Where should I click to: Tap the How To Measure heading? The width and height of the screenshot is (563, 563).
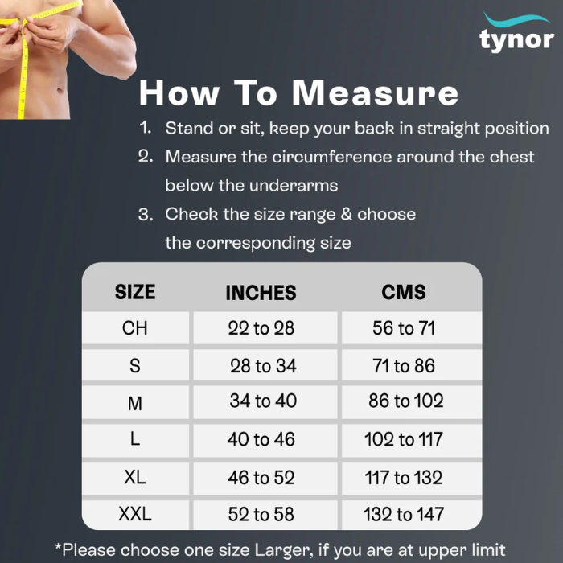tap(298, 92)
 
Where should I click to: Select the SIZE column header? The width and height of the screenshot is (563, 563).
tap(135, 291)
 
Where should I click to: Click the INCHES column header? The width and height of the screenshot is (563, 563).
tap(261, 292)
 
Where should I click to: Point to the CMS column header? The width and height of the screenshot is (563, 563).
tap(404, 291)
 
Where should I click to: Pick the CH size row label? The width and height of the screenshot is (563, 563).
tap(135, 328)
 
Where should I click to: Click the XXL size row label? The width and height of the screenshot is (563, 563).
tap(135, 513)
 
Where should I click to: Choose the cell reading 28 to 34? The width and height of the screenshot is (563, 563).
tap(263, 365)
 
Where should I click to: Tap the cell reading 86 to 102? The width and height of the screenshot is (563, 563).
tap(406, 401)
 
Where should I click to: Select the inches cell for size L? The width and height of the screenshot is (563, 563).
tap(261, 439)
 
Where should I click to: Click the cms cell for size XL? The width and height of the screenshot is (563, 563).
tap(404, 478)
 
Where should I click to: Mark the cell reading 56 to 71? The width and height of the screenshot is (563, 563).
tap(404, 328)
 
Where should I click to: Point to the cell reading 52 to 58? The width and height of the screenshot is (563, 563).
tap(261, 514)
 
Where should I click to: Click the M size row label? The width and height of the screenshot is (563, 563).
tap(135, 403)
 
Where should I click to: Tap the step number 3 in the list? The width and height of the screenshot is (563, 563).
tap(146, 215)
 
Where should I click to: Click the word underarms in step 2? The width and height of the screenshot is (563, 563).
tap(294, 186)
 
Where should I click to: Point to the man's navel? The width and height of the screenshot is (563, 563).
tap(60, 90)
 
